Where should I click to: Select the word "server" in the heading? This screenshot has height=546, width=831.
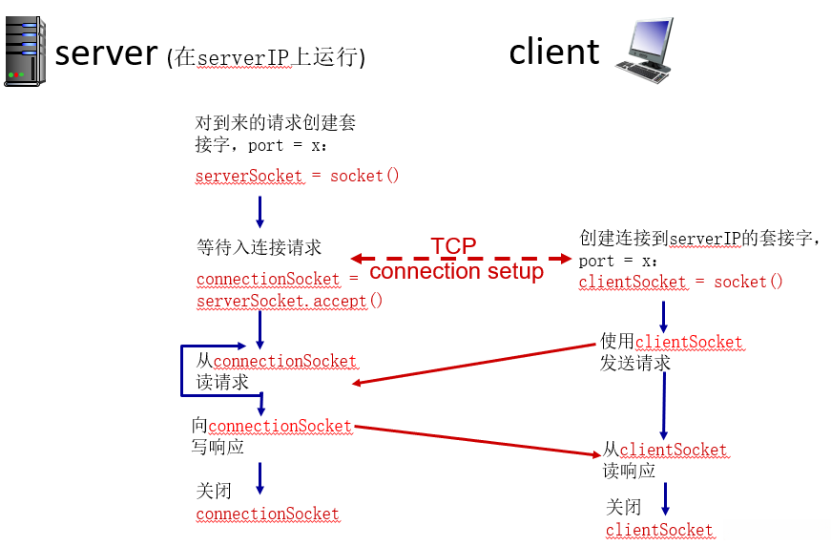pos(106,52)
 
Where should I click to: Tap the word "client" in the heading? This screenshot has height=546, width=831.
pos(554,52)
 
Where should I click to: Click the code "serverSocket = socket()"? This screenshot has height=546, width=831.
pos(297,176)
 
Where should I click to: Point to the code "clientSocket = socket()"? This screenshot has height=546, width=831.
pos(680,282)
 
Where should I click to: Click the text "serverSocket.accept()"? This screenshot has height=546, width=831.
pos(289,301)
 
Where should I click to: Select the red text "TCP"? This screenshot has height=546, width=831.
pos(453,246)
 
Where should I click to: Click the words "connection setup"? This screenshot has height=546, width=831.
pos(456,271)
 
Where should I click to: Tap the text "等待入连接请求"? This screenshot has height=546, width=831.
pos(259,248)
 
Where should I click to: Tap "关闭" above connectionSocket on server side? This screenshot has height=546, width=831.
pos(214,492)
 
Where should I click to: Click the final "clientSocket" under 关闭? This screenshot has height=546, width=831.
pos(658,530)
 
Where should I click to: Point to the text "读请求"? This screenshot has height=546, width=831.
pos(222,382)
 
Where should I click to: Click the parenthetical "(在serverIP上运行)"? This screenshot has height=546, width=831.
pos(265,57)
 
